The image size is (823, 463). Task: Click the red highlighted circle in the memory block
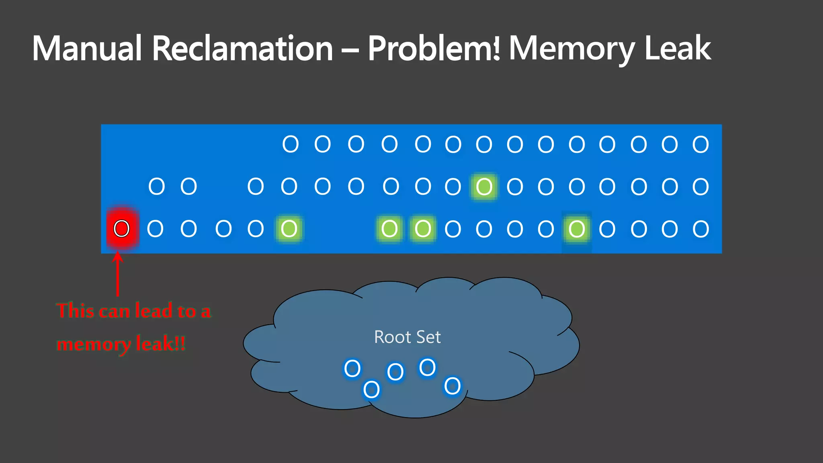(x=122, y=229)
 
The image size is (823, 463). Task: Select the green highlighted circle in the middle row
(x=484, y=186)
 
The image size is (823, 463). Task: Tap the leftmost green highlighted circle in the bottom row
(x=289, y=229)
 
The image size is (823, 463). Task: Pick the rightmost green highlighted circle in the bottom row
(x=577, y=229)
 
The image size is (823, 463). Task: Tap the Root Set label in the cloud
(x=407, y=337)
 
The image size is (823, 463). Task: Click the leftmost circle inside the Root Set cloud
(x=352, y=368)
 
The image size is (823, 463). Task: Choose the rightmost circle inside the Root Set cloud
(x=452, y=386)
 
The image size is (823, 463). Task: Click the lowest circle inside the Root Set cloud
(x=371, y=389)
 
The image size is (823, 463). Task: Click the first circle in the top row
(x=291, y=144)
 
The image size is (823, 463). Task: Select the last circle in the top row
(x=700, y=144)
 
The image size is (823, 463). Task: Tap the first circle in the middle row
(x=157, y=186)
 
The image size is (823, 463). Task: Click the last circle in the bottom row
(x=701, y=229)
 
